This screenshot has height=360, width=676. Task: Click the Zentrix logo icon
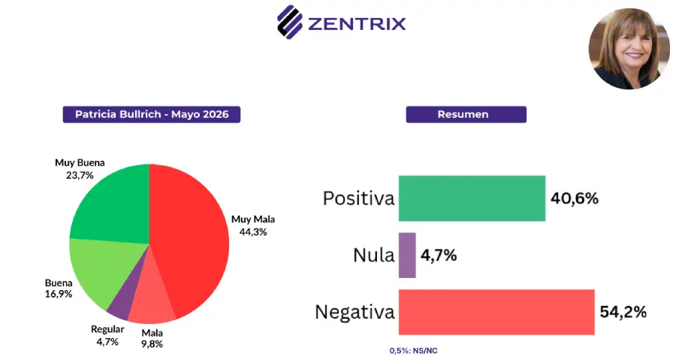click(x=290, y=22)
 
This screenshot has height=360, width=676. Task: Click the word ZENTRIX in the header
click(x=357, y=24)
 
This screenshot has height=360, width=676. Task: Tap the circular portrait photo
click(x=629, y=49)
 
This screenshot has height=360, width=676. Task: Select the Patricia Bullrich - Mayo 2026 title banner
click(x=151, y=114)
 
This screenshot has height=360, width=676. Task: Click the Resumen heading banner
click(x=466, y=114)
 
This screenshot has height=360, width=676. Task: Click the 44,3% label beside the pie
click(x=253, y=232)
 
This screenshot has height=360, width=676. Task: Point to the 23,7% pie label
click(x=80, y=175)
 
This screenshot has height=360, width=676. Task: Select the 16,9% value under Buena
click(x=59, y=294)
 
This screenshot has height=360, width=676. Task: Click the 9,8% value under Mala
click(x=152, y=344)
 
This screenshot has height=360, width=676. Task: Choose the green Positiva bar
click(x=472, y=198)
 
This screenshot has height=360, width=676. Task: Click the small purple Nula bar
click(x=407, y=256)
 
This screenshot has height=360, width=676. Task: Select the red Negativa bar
click(x=496, y=312)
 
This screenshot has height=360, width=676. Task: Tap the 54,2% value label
click(x=623, y=312)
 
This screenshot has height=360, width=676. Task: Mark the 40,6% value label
click(x=575, y=198)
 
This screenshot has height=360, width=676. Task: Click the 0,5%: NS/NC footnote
click(x=413, y=351)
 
